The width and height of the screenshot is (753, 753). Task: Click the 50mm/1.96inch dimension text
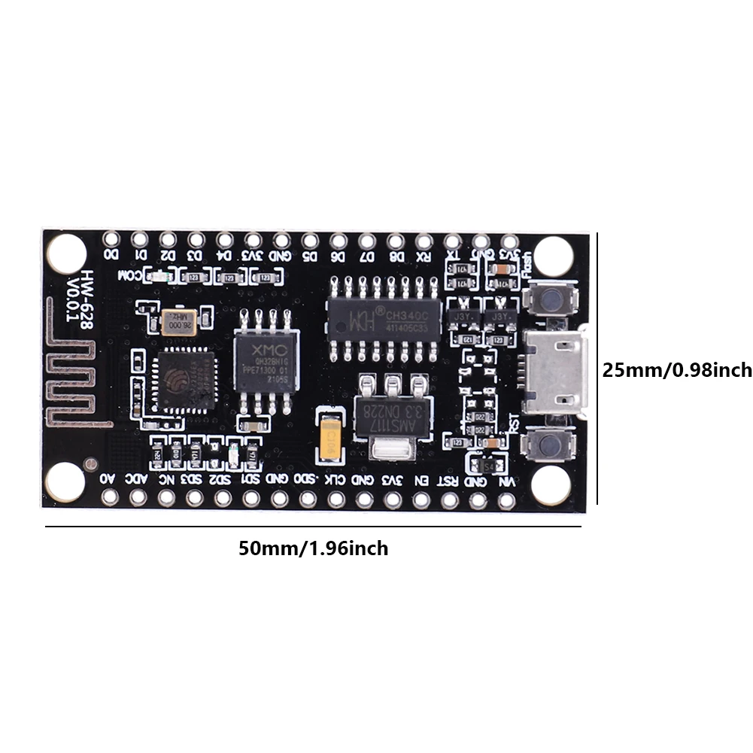314,548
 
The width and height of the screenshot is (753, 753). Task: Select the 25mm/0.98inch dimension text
677,370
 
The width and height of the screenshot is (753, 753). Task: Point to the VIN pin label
508,481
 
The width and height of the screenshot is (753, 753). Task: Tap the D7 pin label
367,257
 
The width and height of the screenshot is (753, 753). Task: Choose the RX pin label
424,257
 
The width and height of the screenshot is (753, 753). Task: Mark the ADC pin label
136,479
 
